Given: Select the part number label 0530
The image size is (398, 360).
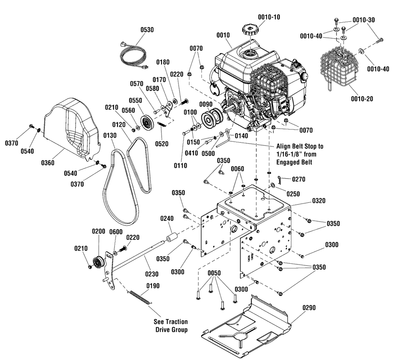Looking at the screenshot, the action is click(x=147, y=30).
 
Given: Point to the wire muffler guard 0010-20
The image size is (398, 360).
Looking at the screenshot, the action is click(x=337, y=67).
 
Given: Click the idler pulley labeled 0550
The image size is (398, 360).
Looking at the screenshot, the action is click(x=146, y=123).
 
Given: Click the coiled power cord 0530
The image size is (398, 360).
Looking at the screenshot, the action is click(x=134, y=56).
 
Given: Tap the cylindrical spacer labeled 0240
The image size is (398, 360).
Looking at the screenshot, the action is click(x=171, y=239).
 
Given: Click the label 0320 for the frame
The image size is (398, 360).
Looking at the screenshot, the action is click(x=318, y=201).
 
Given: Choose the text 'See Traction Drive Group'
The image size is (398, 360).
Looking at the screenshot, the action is click(x=171, y=326).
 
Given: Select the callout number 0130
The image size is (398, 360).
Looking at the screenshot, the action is click(x=110, y=136).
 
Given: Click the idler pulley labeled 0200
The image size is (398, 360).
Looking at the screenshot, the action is click(x=98, y=262).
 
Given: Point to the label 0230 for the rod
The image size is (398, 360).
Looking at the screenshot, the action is click(x=152, y=274).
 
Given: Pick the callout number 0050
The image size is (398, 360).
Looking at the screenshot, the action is click(x=214, y=273).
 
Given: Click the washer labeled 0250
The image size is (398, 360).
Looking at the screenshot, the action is click(x=273, y=186).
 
